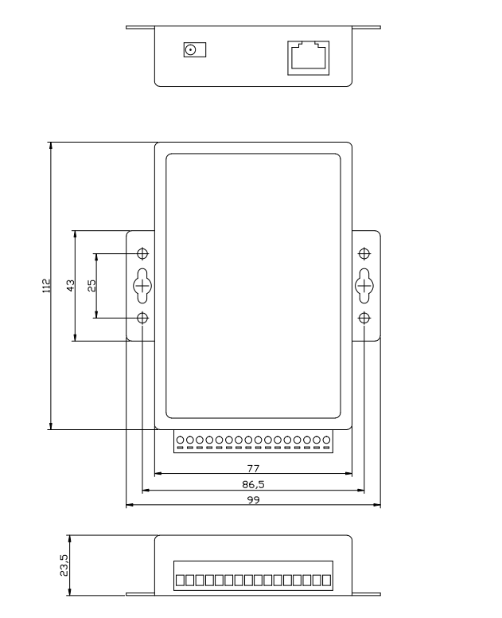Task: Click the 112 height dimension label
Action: click(x=47, y=285)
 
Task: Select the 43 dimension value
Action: click(x=70, y=285)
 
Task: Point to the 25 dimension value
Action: click(x=91, y=285)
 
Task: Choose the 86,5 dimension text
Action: click(x=253, y=483)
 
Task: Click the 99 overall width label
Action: click(x=253, y=499)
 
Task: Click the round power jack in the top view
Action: click(x=191, y=50)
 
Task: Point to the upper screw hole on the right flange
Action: click(x=364, y=254)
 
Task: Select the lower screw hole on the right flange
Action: click(x=364, y=318)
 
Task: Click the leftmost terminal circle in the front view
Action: click(x=181, y=440)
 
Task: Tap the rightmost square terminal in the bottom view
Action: click(x=325, y=579)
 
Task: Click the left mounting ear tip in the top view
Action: click(x=130, y=28)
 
